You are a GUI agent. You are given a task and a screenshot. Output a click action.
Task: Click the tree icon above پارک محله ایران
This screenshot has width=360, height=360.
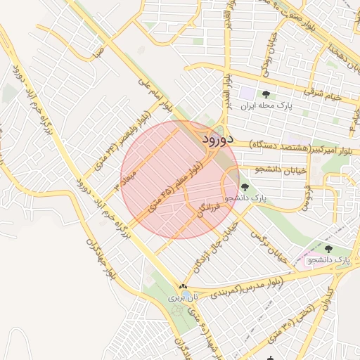266,94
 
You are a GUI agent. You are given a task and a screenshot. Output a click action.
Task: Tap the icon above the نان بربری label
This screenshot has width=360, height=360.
182,287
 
